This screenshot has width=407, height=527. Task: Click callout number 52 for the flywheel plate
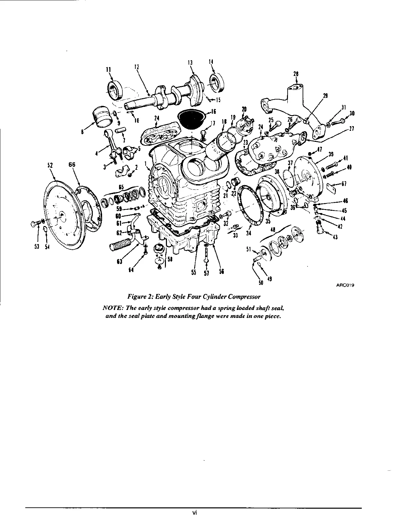pyautogui.click(x=51, y=164)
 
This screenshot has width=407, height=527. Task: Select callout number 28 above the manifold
pyautogui.click(x=296, y=74)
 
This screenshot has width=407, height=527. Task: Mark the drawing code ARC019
pyautogui.click(x=341, y=285)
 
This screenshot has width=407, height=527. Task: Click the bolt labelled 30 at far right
pyautogui.click(x=340, y=121)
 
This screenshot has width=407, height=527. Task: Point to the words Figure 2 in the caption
pyautogui.click(x=141, y=296)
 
